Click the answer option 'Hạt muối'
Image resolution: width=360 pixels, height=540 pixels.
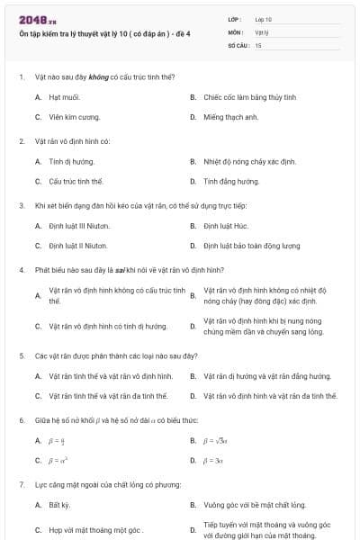64,96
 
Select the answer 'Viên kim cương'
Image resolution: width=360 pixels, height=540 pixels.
73,117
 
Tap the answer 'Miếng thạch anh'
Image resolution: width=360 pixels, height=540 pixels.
230,117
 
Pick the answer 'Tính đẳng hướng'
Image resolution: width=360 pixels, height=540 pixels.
230,181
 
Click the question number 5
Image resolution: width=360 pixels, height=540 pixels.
21,355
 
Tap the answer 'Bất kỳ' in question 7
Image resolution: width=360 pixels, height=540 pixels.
58,505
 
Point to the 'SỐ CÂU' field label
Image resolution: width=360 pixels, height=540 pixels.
238,44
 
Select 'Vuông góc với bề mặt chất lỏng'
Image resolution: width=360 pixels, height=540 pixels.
254,505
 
